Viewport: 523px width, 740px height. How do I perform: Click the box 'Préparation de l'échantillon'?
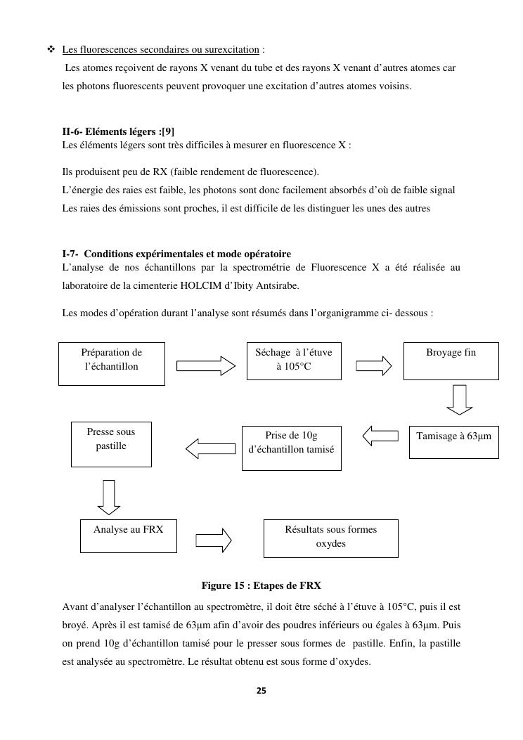point(111,363)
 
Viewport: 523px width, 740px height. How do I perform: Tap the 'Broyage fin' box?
point(451,361)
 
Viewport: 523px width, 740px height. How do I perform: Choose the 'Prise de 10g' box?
point(291,448)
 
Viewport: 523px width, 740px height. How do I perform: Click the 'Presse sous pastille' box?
point(111,444)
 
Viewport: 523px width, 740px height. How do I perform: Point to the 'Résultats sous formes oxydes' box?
point(330,538)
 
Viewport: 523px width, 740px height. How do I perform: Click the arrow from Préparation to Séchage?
point(206,365)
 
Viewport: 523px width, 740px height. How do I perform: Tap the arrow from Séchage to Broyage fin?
point(374,365)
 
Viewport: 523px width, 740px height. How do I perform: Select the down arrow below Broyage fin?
point(460,399)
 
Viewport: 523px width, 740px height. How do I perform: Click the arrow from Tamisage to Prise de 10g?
point(380,436)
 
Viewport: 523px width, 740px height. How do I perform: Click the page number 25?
point(261,691)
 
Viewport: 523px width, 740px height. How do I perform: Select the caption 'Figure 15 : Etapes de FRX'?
point(261,585)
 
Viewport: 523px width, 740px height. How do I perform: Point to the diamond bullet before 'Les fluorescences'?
point(51,49)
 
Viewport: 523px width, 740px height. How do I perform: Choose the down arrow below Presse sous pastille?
point(108,497)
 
